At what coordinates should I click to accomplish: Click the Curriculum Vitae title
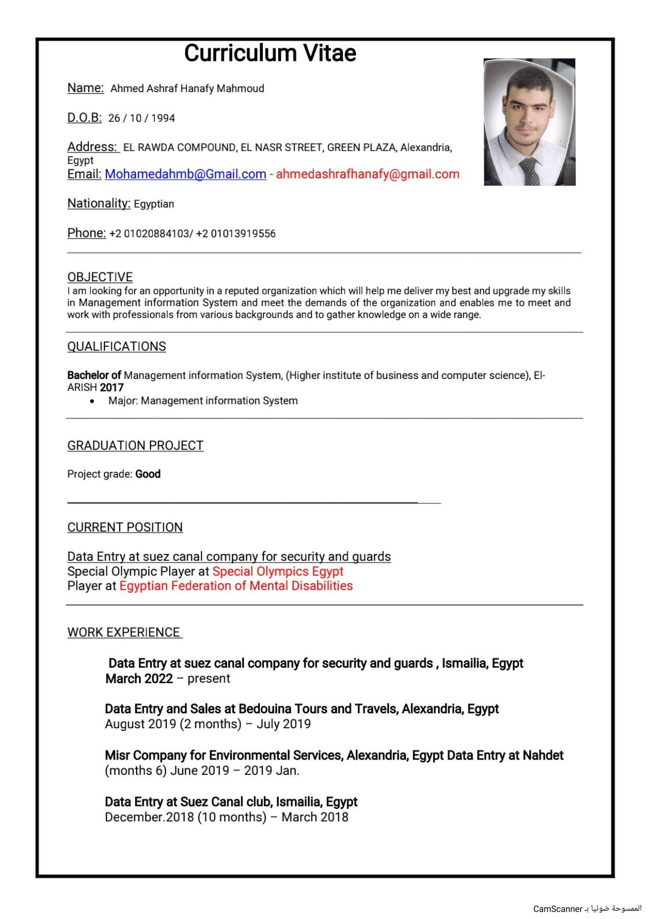[270, 53]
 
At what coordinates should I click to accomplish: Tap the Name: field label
[85, 88]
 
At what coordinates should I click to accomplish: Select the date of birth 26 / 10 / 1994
[142, 118]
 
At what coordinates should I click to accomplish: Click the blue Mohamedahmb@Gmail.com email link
[185, 174]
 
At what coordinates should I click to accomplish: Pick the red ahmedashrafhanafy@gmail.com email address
[367, 174]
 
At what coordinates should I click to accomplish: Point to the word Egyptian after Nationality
[154, 204]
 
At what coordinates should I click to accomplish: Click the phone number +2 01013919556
[236, 234]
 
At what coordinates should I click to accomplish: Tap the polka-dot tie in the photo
[529, 171]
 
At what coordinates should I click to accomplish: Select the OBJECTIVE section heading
[100, 277]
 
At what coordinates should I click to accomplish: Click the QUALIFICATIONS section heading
[117, 347]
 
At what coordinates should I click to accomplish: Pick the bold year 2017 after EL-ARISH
[112, 388]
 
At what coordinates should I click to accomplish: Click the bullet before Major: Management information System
[92, 401]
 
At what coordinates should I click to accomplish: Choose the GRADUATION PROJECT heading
[135, 445]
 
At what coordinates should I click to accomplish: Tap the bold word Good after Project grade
[148, 474]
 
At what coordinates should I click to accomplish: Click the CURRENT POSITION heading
[125, 527]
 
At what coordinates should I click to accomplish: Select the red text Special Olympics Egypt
[278, 571]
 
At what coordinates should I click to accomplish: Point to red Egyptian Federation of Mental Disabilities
[236, 586]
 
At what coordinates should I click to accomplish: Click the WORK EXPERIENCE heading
[124, 633]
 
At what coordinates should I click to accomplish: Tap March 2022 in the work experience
[139, 679]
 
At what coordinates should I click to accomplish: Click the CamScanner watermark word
[557, 909]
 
